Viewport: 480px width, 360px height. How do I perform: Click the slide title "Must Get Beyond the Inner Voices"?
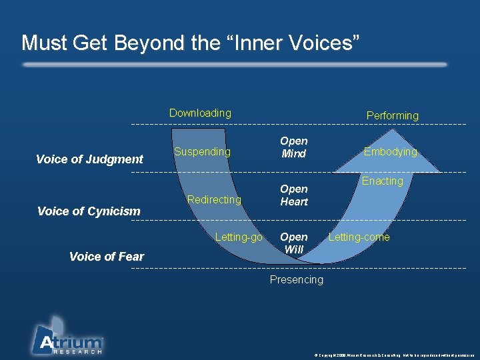191,43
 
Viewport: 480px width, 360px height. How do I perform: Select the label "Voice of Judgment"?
89,159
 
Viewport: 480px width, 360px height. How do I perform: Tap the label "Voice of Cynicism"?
89,211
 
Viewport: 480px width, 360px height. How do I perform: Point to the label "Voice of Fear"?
106,257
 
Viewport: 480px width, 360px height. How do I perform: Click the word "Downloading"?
200,113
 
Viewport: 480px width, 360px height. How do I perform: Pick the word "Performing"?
393,115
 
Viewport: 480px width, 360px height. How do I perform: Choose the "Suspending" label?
202,151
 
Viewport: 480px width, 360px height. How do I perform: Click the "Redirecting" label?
214,199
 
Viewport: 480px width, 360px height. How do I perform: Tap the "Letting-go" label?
239,237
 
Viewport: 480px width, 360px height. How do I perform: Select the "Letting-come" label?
359,237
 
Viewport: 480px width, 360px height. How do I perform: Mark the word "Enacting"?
383,181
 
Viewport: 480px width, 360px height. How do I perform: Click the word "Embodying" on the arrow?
390,151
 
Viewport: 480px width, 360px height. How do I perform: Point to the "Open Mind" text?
293,147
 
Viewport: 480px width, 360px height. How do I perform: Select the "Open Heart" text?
293,195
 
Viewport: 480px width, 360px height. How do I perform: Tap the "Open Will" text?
293,243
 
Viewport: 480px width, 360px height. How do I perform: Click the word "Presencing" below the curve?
296,279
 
